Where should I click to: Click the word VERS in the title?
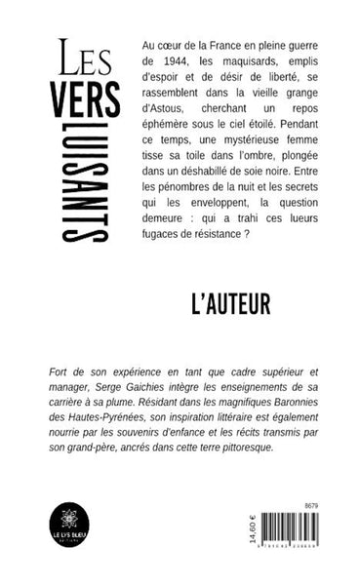coord(88,97)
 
